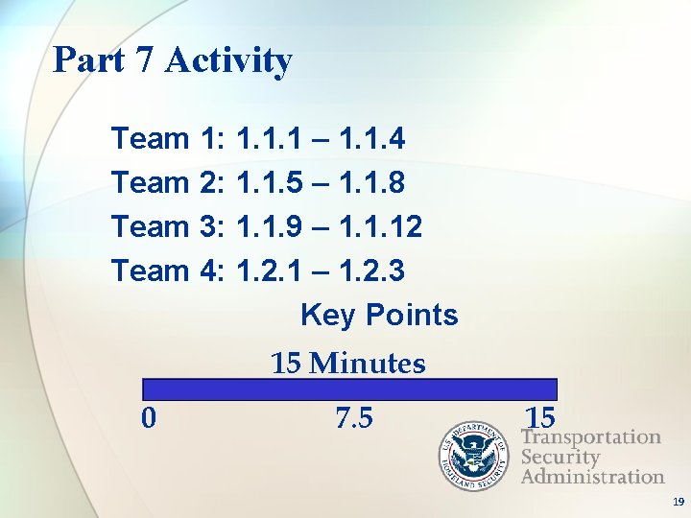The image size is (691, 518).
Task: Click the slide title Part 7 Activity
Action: pos(173,60)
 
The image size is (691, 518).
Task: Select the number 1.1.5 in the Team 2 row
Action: pos(266,182)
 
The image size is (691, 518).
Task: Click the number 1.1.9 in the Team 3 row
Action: pos(266,227)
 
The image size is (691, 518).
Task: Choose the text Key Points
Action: pos(379,315)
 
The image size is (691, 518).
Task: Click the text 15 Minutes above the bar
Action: pos(347,364)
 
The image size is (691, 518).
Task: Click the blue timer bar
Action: pos(349,388)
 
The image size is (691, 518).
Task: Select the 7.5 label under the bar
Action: pos(354,418)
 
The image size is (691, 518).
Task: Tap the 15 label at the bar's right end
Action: pos(540,418)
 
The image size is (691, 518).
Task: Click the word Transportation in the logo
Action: pos(590,437)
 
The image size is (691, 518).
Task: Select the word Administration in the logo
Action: pos(592,477)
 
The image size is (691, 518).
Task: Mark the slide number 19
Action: pos(678,502)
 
